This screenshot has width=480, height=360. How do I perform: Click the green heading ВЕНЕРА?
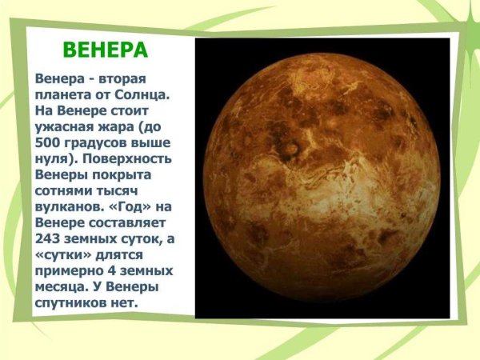[106, 50]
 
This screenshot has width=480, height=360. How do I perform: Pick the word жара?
[116, 127]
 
